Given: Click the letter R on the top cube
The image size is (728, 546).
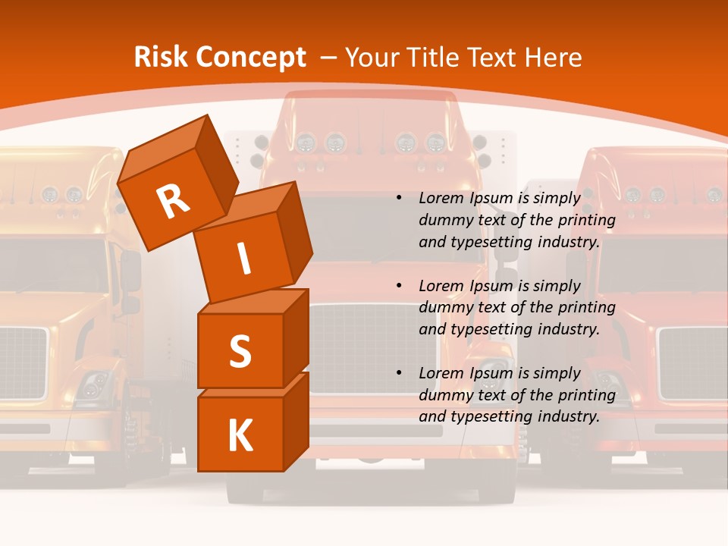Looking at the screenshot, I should coord(174,200).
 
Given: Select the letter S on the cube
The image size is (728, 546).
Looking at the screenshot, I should coord(240,351).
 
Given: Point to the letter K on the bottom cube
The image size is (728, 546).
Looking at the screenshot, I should coord(240,436).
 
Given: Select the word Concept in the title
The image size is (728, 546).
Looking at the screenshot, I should coord(249,58).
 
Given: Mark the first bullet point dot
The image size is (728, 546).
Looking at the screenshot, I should coord(399,198).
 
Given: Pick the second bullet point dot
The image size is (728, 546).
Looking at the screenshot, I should coord(399,286).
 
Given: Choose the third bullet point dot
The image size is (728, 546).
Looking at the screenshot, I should coord(399,373).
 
